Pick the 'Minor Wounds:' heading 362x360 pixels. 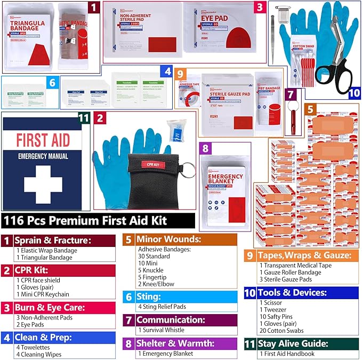point(169,239)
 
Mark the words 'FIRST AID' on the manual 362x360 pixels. point(43,140)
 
